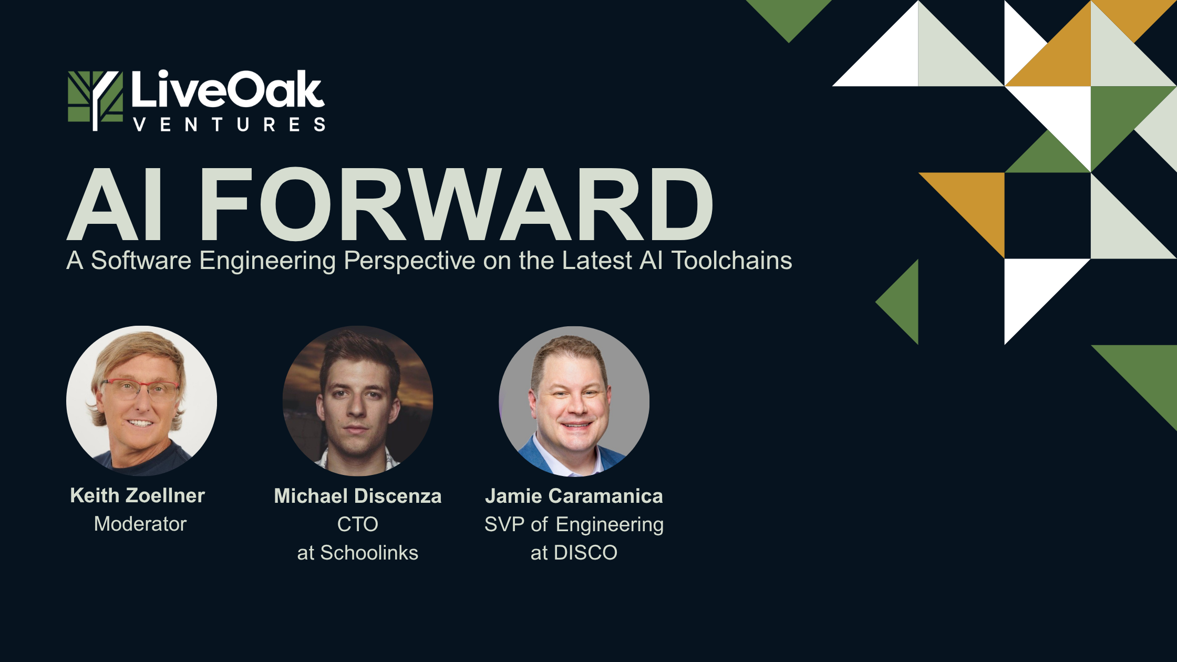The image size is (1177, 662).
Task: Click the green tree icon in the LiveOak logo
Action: tap(95, 100)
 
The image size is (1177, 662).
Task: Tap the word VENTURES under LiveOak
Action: tap(229, 125)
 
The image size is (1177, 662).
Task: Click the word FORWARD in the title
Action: tap(456, 204)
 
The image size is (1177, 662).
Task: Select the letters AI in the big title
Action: tap(115, 204)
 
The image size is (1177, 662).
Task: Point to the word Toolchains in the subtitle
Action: tap(731, 260)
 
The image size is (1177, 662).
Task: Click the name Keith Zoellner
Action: tap(138, 495)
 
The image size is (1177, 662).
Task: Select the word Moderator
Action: tap(140, 524)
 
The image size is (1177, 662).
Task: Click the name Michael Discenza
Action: tap(358, 496)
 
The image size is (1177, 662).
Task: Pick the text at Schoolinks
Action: tap(358, 553)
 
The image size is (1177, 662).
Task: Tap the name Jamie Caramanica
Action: tap(574, 496)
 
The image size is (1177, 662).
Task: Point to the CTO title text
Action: tap(358, 524)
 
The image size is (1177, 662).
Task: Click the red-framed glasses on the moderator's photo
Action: tap(141, 389)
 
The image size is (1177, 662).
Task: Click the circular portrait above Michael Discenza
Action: tap(358, 401)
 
